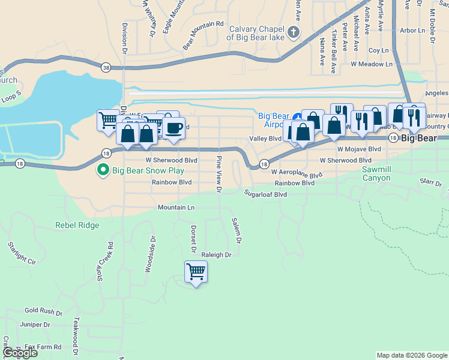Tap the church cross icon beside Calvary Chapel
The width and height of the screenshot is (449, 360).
(x=294, y=32)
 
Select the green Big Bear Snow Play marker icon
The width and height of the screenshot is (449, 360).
(x=103, y=171)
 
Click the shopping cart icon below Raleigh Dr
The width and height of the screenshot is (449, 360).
(x=196, y=272)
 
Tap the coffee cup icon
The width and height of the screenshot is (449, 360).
(x=173, y=128)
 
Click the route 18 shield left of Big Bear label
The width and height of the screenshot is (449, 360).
(x=392, y=138)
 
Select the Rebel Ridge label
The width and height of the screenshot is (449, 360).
(x=77, y=226)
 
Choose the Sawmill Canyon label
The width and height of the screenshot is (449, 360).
(x=376, y=174)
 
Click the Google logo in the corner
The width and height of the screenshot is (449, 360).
(x=20, y=353)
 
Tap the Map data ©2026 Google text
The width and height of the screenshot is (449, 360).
(x=411, y=355)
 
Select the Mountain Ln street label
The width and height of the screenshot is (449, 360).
(x=176, y=208)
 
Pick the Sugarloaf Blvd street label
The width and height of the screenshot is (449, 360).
(x=265, y=194)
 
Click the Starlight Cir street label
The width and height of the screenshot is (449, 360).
(x=22, y=254)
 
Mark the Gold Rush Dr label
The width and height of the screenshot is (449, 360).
(x=43, y=312)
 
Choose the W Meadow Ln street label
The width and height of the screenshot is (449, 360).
(x=372, y=64)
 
